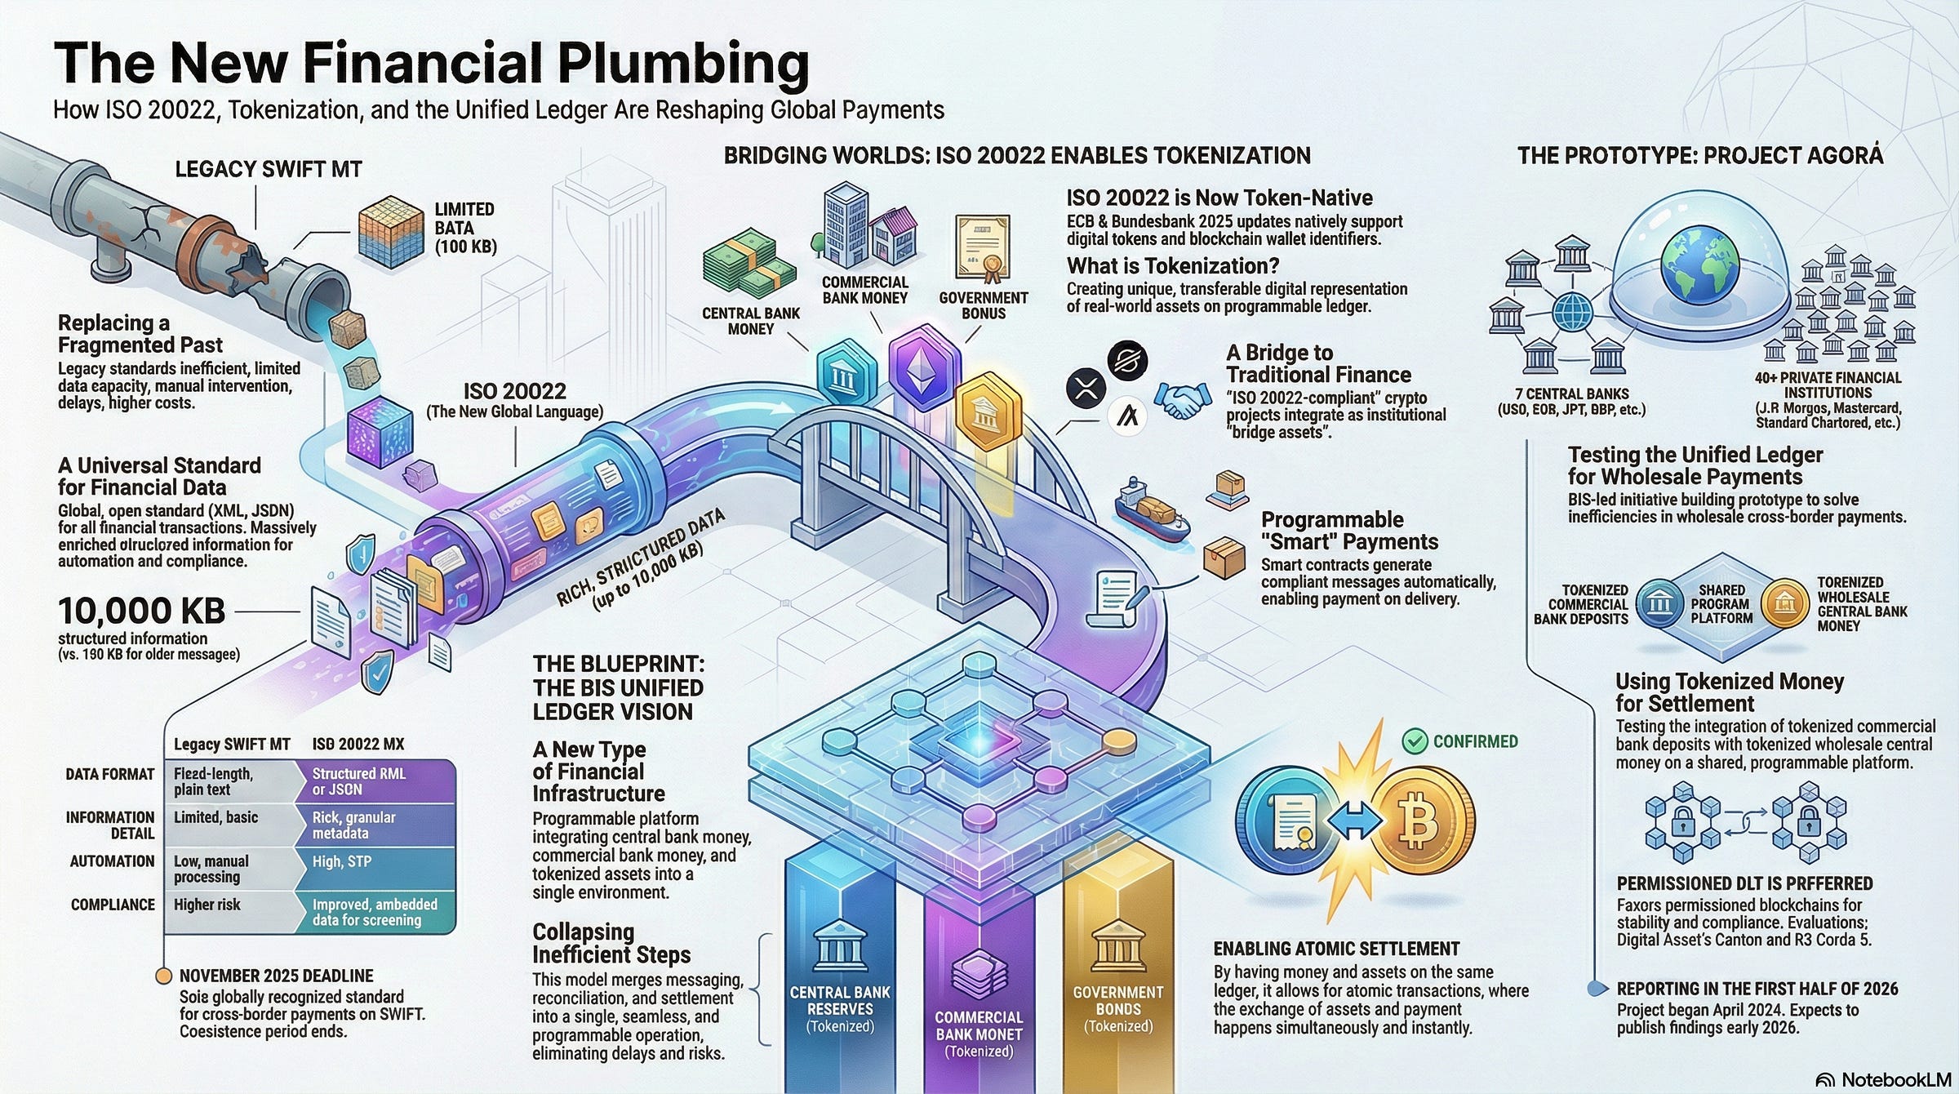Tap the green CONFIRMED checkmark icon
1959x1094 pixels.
click(1414, 741)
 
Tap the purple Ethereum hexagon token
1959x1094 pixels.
click(923, 367)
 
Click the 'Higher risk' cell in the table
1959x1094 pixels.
click(207, 905)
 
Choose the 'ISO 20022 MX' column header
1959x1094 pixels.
click(358, 744)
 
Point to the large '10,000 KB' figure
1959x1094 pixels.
click(141, 611)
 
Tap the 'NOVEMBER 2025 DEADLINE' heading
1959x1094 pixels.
click(276, 976)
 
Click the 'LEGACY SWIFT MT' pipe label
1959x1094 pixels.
click(269, 169)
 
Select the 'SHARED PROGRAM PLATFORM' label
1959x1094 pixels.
click(1721, 604)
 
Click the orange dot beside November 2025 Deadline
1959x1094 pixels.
click(163, 976)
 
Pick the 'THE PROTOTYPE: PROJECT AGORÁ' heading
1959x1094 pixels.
click(1699, 156)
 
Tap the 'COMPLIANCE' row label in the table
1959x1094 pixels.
click(113, 905)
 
